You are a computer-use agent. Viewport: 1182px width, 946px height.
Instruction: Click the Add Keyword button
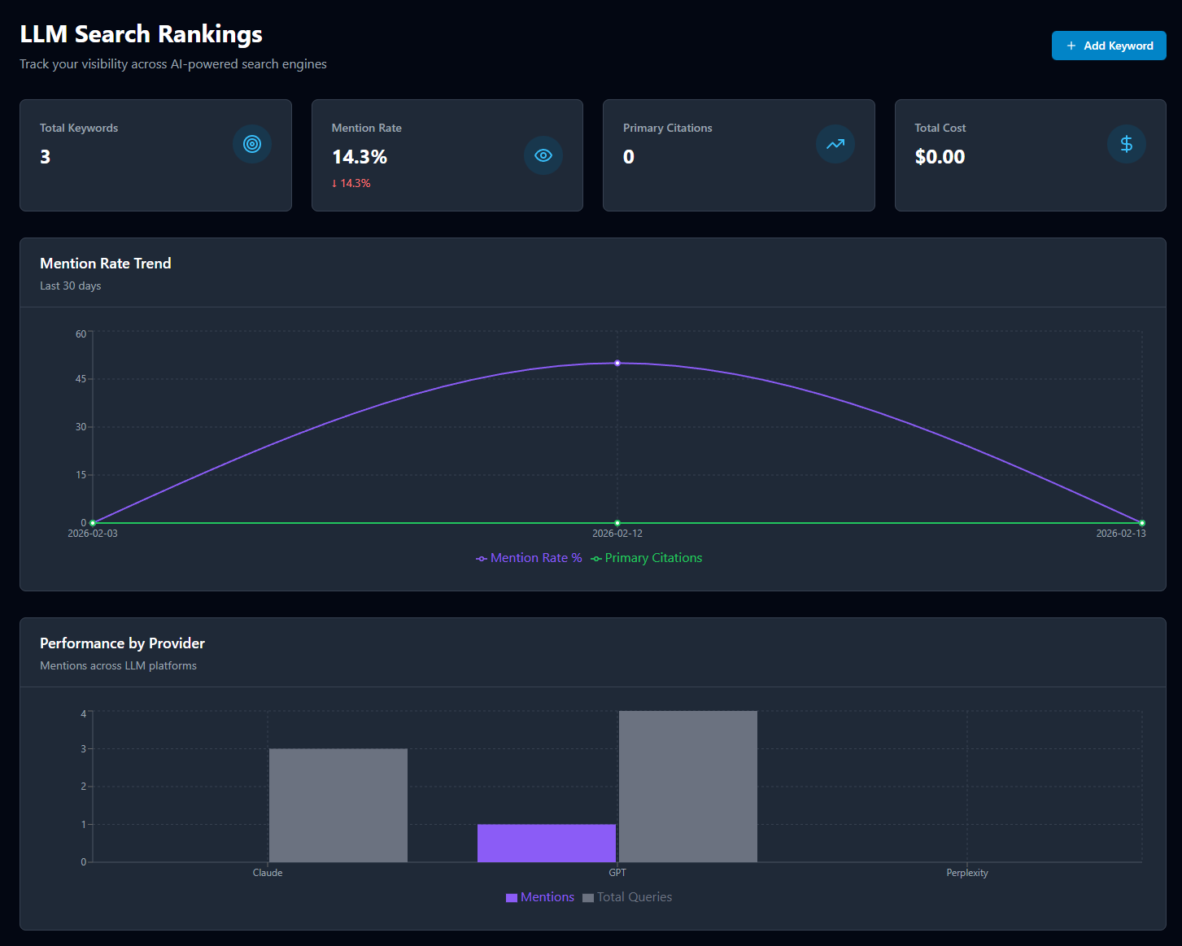click(1108, 46)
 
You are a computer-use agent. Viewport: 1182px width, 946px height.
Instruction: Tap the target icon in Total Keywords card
click(252, 144)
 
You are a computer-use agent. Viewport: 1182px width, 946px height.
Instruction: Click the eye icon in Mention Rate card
click(543, 155)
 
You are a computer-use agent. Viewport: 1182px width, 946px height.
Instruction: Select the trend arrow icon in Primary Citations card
click(835, 144)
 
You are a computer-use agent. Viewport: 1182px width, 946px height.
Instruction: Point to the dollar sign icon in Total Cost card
click(1127, 144)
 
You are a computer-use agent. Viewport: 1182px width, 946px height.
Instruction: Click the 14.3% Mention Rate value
click(360, 157)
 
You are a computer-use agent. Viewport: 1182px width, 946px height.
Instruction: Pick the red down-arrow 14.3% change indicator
click(351, 183)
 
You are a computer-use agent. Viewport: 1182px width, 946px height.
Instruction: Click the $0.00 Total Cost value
click(940, 157)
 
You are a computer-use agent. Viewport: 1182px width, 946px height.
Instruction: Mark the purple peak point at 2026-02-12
click(617, 363)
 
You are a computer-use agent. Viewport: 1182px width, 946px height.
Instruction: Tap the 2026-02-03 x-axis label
click(93, 534)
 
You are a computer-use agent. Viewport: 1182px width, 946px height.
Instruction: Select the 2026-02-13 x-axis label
click(1120, 534)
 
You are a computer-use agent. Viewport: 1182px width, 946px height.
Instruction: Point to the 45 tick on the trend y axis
click(81, 379)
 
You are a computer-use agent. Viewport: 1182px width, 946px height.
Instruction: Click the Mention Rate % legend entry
click(530, 558)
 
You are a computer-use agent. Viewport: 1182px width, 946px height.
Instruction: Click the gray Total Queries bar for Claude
click(338, 805)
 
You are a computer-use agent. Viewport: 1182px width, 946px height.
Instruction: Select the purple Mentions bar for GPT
click(547, 843)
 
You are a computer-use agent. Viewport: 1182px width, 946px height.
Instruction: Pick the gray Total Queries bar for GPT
click(688, 787)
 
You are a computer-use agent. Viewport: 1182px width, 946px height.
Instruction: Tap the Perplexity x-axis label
click(967, 873)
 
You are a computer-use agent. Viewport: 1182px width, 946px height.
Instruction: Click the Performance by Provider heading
click(122, 643)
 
